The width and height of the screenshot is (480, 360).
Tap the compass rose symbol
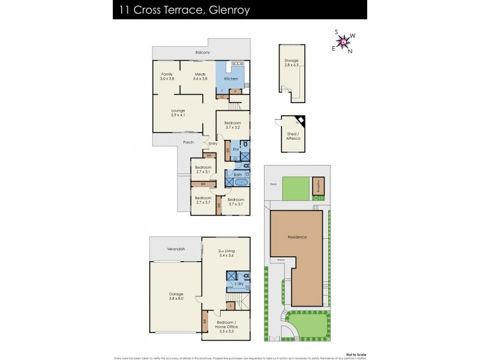(343, 43)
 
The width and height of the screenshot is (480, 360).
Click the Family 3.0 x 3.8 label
(167, 76)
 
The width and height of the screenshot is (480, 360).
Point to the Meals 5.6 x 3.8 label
(200, 76)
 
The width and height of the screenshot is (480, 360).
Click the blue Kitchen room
(230, 79)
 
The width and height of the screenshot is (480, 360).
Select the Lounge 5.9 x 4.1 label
(178, 112)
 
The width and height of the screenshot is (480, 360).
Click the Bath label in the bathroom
(238, 174)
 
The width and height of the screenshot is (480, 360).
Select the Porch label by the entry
(188, 142)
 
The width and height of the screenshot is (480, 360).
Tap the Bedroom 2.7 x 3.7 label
(203, 200)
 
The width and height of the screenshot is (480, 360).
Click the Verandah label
(176, 248)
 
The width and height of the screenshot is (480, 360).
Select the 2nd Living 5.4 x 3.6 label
(225, 255)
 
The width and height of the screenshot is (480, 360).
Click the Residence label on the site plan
(297, 237)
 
